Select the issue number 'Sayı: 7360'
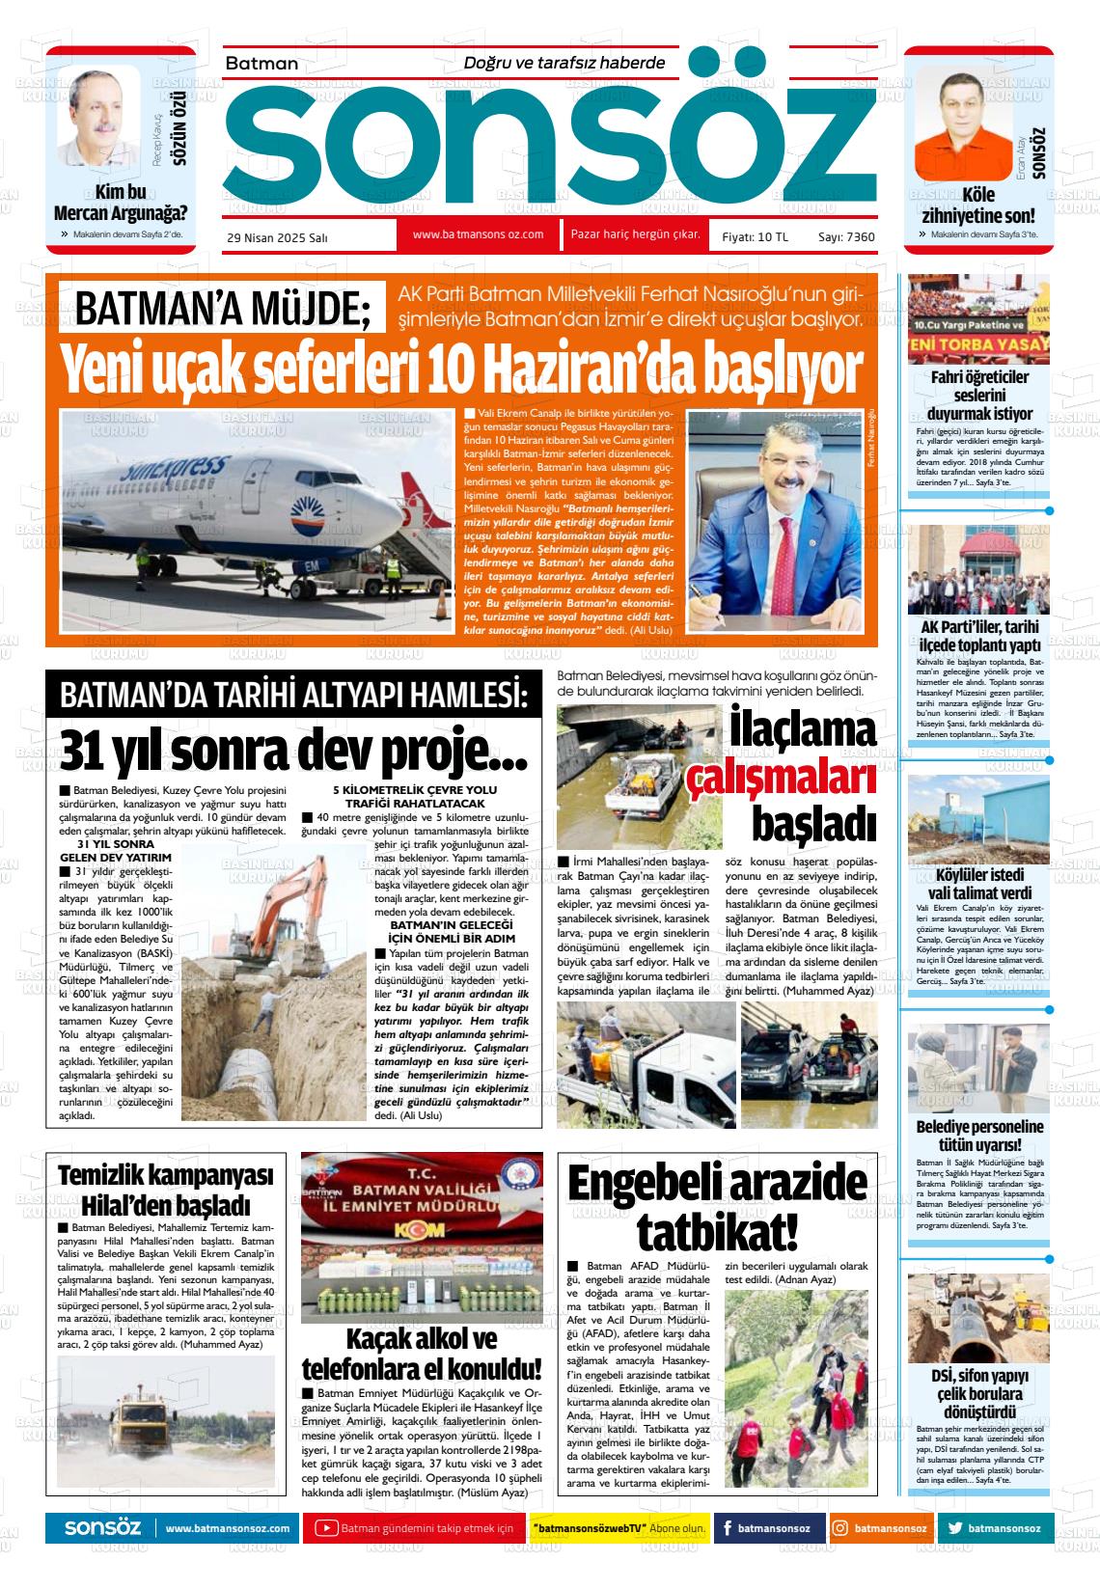[846, 236]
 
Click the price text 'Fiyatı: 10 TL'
[755, 236]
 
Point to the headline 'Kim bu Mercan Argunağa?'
[121, 203]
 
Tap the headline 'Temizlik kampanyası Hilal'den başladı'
[166, 1189]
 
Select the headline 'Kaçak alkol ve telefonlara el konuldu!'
[422, 1355]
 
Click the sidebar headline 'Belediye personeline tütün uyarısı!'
[978, 1137]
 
